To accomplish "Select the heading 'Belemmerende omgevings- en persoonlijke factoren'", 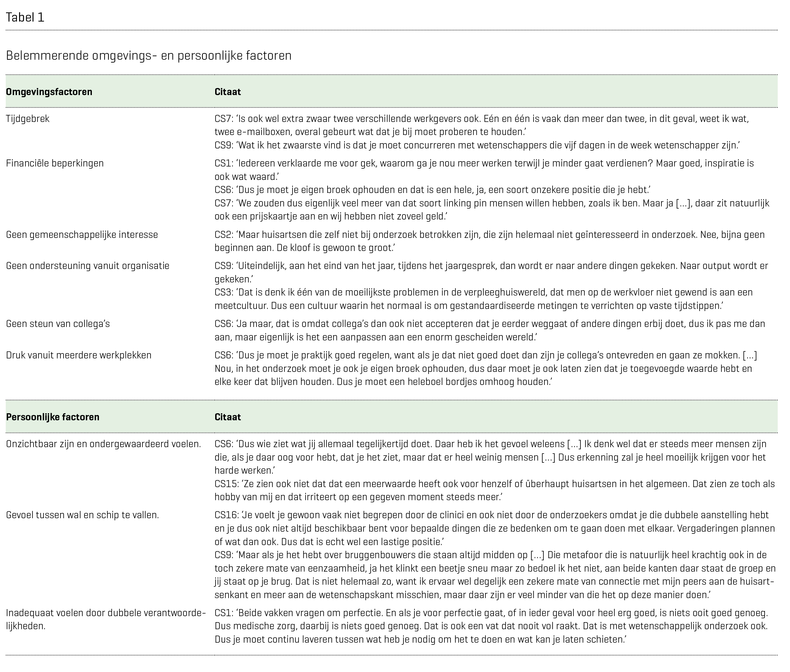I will tap(148, 55).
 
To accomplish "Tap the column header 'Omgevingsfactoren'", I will tap(49, 92).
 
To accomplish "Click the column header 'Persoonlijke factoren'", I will tap(53, 417).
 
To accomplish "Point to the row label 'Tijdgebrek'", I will tap(28, 118).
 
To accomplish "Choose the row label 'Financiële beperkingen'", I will tap(55, 163).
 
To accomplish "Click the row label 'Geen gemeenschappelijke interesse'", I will tap(82, 234).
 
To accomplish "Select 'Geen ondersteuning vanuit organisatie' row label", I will tap(88, 265).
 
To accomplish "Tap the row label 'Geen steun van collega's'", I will tap(58, 323).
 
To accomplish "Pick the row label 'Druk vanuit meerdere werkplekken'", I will tap(78, 355).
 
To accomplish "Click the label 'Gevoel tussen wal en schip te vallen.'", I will tap(82, 515).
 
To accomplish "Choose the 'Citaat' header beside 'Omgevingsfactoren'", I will tap(228, 92).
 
